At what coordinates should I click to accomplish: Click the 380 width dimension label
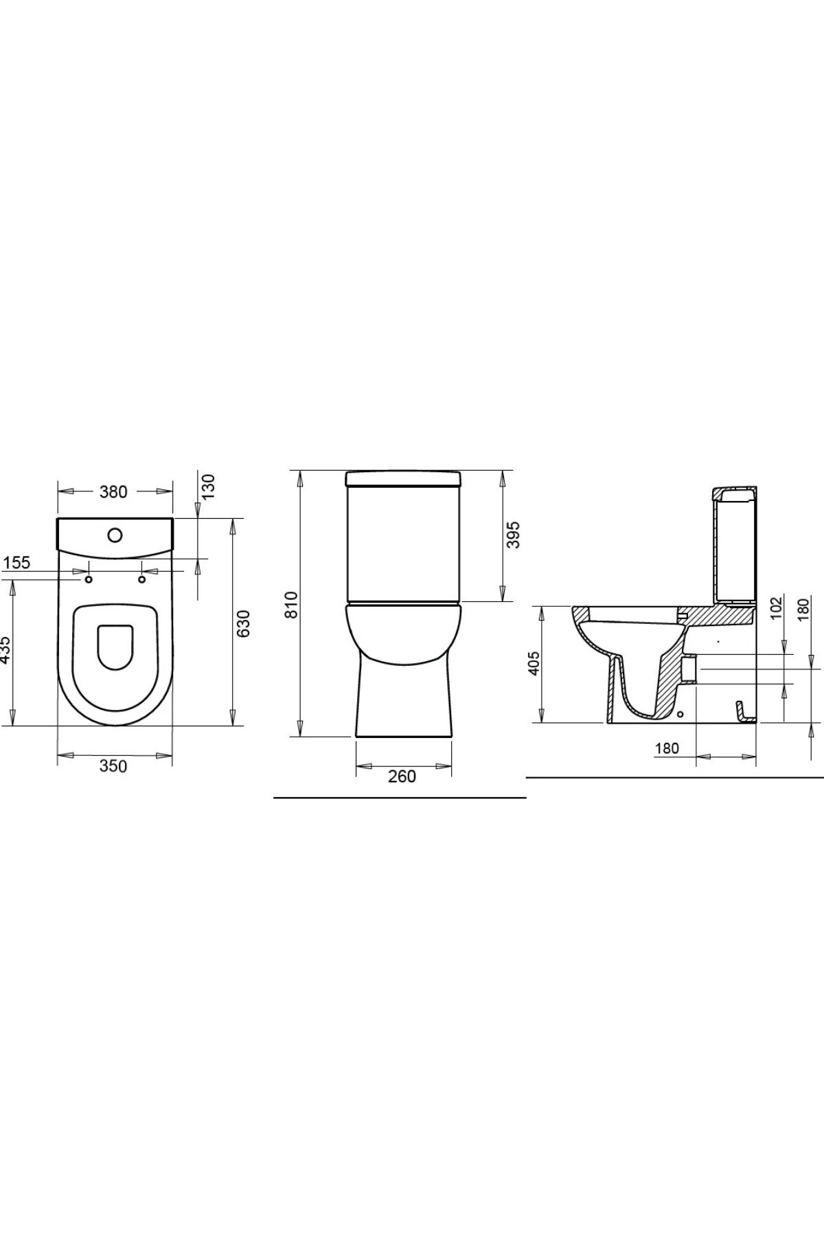[114, 491]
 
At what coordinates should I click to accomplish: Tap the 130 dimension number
[208, 486]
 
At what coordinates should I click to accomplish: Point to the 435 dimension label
[5, 649]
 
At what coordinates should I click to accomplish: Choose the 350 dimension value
[113, 766]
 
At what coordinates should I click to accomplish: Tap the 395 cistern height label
[513, 535]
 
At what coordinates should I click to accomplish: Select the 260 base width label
[402, 776]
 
